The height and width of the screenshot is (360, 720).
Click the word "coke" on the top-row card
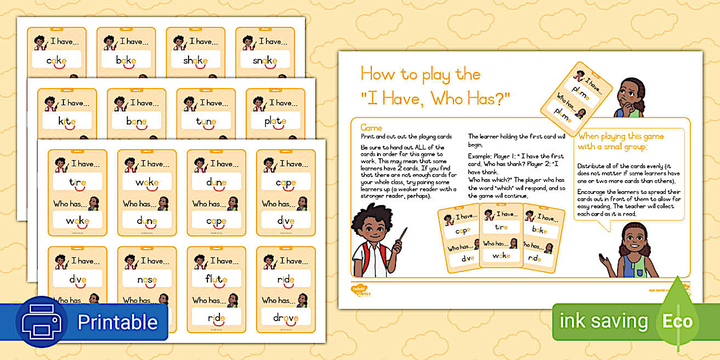point(57,60)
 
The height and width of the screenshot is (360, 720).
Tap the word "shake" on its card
point(195,60)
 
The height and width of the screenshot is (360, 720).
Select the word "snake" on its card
point(265,60)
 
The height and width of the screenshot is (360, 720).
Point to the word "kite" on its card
point(67,121)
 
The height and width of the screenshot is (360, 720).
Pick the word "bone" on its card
point(137,121)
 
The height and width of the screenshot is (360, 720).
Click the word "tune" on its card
point(206,121)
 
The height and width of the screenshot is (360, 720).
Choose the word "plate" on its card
point(275,121)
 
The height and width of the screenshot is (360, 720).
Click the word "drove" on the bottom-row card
point(286,318)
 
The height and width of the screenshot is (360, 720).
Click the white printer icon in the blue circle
point(42,322)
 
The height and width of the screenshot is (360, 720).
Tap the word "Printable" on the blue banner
point(117,322)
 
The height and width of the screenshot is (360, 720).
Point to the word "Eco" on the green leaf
point(677,321)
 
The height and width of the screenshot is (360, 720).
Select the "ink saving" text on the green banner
point(603,321)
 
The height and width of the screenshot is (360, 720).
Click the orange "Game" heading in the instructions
point(371,127)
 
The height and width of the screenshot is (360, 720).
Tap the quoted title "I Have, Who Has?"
point(435,98)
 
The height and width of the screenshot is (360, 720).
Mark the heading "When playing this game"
point(621,136)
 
